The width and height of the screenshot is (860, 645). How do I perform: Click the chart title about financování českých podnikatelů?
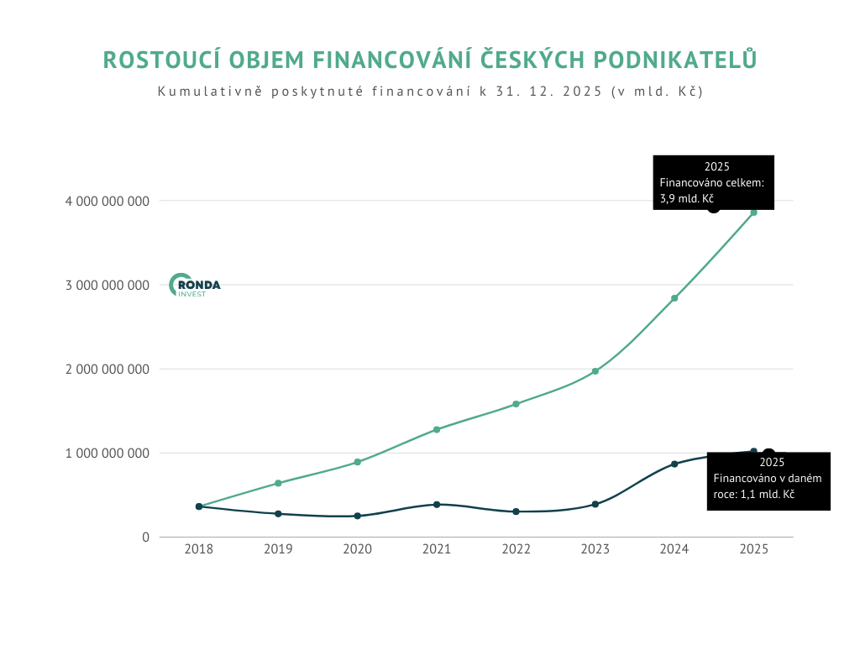tap(429, 60)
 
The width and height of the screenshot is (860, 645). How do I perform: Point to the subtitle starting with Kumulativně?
tap(429, 91)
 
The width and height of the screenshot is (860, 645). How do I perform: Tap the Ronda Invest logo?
tap(195, 286)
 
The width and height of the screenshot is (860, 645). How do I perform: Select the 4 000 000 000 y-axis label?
tap(107, 201)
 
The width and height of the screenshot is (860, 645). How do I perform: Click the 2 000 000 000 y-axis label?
tap(107, 369)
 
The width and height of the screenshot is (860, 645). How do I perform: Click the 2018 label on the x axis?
tap(199, 549)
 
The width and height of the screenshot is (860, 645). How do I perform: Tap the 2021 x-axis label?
tap(437, 549)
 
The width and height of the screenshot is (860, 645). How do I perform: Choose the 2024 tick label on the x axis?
tap(674, 549)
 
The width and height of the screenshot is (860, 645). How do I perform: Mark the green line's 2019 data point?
tap(278, 483)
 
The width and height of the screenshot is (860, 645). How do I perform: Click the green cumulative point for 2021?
tap(437, 429)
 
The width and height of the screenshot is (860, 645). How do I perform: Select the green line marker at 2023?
tap(595, 371)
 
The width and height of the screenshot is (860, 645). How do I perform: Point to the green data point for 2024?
tap(674, 298)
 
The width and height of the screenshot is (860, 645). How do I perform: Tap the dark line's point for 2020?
tap(358, 516)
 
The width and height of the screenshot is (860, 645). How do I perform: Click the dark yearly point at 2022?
tap(516, 511)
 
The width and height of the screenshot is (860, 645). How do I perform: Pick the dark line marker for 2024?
tap(674, 464)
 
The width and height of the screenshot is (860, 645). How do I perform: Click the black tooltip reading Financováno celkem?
tap(713, 182)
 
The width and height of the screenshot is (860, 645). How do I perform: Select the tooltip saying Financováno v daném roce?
tap(768, 481)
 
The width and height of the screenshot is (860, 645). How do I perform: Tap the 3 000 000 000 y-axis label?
tap(107, 285)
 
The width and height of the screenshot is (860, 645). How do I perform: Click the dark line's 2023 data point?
tap(595, 504)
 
